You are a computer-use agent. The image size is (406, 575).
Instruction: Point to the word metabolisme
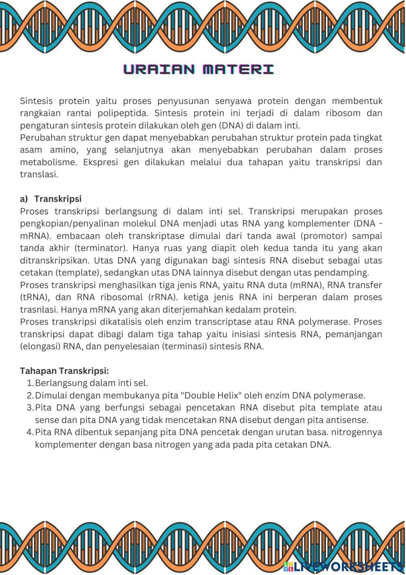48,162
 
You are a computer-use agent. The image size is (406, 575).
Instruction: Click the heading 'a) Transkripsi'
51,199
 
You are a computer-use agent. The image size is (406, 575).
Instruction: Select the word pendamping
345,272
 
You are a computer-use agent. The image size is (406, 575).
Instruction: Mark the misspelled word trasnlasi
39,309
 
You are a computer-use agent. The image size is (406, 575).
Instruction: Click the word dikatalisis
121,322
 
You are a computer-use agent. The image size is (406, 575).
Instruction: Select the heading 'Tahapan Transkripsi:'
65,371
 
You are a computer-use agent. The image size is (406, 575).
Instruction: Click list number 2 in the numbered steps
30,395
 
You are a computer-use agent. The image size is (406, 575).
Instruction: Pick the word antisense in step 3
348,420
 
